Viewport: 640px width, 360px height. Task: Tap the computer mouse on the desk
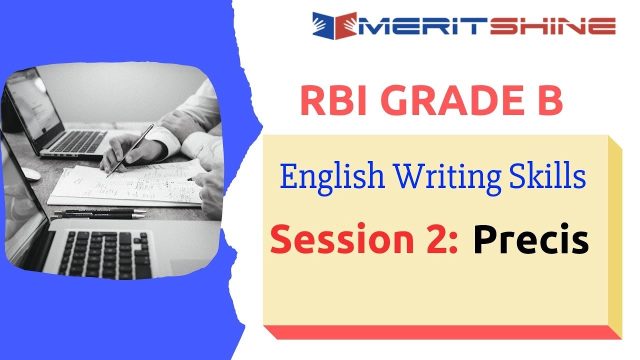pos(30,173)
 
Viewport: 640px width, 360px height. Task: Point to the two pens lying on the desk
pos(100,213)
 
